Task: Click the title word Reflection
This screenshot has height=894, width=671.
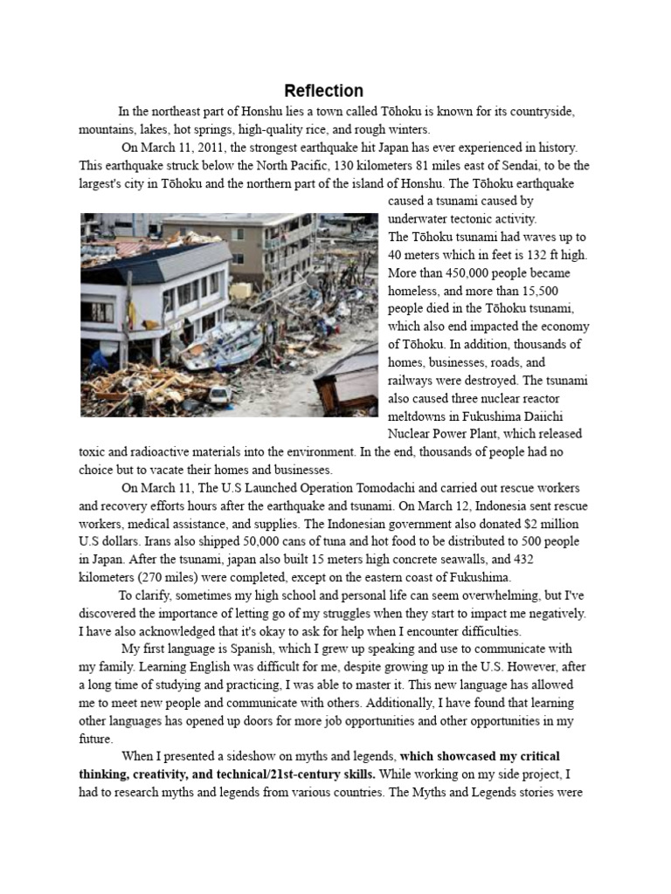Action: (323, 91)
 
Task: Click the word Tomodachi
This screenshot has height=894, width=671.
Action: (391, 487)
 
